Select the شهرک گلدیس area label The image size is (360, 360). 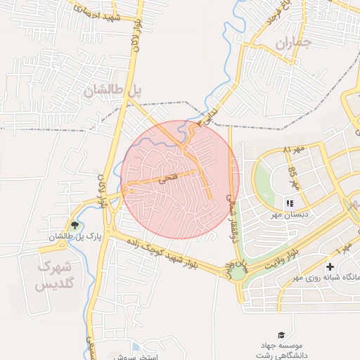point(54,276)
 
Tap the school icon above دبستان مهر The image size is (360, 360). point(289,203)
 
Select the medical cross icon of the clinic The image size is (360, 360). point(330,267)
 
